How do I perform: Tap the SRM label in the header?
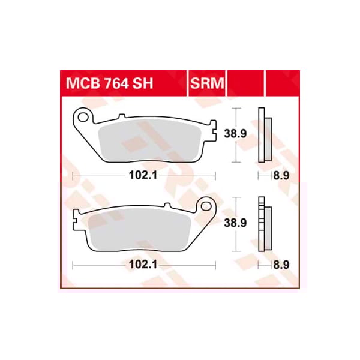(x=207, y=85)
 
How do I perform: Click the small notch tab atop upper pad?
(x=122, y=116)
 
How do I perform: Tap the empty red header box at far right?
(x=282, y=85)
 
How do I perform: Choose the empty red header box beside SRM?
(x=245, y=85)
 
